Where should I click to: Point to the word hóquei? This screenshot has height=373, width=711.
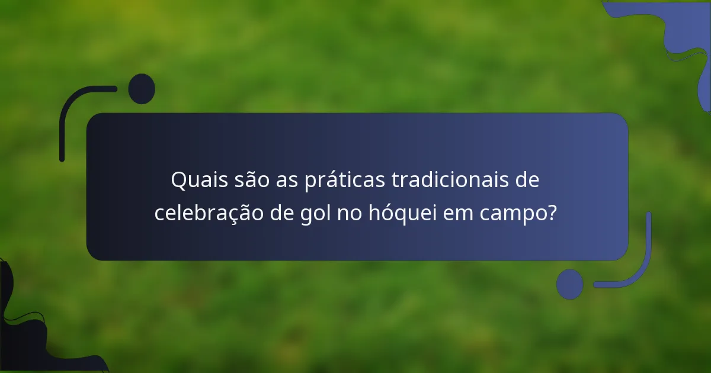click(401, 213)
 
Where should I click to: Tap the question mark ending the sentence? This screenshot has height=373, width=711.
click(552, 213)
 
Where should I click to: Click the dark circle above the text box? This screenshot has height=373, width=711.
click(142, 89)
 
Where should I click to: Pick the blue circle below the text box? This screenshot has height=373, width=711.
click(569, 284)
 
